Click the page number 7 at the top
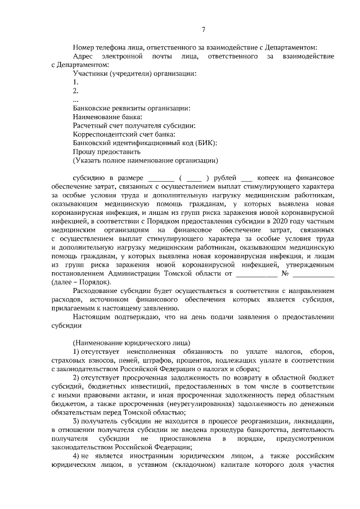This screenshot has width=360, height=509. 204,30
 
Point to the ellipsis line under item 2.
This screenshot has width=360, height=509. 76,99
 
